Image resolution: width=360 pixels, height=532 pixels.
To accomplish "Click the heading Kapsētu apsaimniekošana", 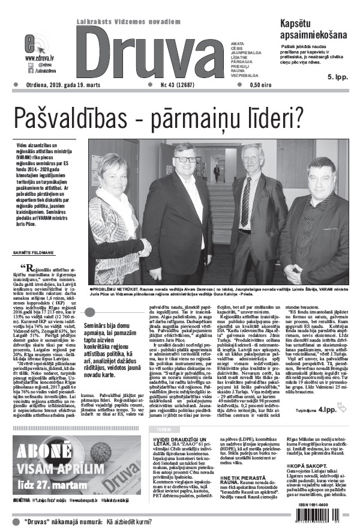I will (305, 29).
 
